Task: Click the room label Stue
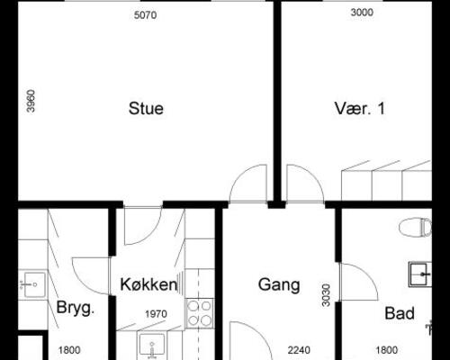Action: (145, 110)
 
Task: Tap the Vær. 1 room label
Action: (359, 110)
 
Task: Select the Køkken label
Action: (148, 284)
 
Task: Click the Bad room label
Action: (399, 313)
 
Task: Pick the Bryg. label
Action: (76, 308)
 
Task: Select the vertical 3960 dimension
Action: (31, 101)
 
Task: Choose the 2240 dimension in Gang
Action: (298, 351)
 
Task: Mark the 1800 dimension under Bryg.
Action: (70, 351)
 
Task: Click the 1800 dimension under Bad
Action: (387, 351)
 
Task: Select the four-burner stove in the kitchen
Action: (199, 313)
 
